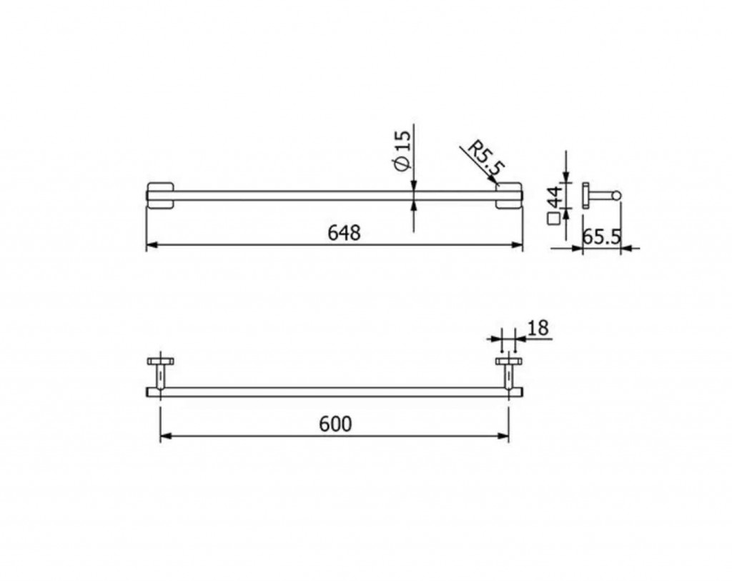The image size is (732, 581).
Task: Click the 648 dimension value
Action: (x=344, y=233)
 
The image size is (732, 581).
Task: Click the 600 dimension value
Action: (x=335, y=424)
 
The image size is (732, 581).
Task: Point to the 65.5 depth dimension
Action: (x=602, y=237)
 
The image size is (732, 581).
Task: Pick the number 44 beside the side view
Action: (x=555, y=197)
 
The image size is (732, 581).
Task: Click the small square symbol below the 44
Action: (x=554, y=219)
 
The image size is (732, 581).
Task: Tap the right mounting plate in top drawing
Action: (x=509, y=196)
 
